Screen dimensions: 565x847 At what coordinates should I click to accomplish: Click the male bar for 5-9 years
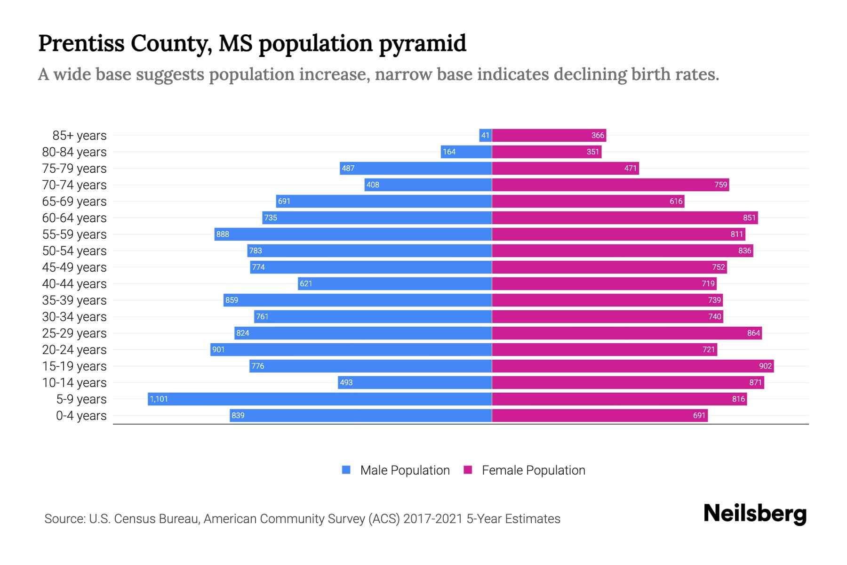coord(320,399)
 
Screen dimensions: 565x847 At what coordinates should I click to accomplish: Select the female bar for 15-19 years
coord(633,366)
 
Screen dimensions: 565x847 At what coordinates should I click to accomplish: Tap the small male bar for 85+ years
coord(486,136)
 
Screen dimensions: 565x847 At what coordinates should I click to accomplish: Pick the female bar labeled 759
coord(610,185)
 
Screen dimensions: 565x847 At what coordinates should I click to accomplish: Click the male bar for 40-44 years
coord(395,284)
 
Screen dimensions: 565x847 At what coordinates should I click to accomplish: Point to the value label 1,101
coord(159,399)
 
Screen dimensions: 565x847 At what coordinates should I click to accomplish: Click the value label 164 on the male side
coord(449,152)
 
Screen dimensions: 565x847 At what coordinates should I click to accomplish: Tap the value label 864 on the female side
coord(753,333)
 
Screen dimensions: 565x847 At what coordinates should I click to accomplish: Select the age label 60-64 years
coord(74,218)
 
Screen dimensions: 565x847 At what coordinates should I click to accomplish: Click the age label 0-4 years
coord(81,416)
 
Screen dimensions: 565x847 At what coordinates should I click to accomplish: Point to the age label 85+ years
coord(79,136)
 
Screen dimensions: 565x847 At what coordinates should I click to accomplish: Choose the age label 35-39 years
coord(74,300)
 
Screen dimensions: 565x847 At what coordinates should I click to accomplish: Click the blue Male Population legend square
coord(346,470)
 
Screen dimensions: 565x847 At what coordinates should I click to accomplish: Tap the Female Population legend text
coord(533,470)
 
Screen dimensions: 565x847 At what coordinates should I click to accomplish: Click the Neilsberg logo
coord(755,514)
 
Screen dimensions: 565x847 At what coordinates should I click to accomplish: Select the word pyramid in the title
coord(422,43)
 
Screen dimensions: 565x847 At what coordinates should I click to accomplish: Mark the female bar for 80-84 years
coord(547,152)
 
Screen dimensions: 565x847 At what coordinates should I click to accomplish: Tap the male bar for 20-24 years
coord(351,350)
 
